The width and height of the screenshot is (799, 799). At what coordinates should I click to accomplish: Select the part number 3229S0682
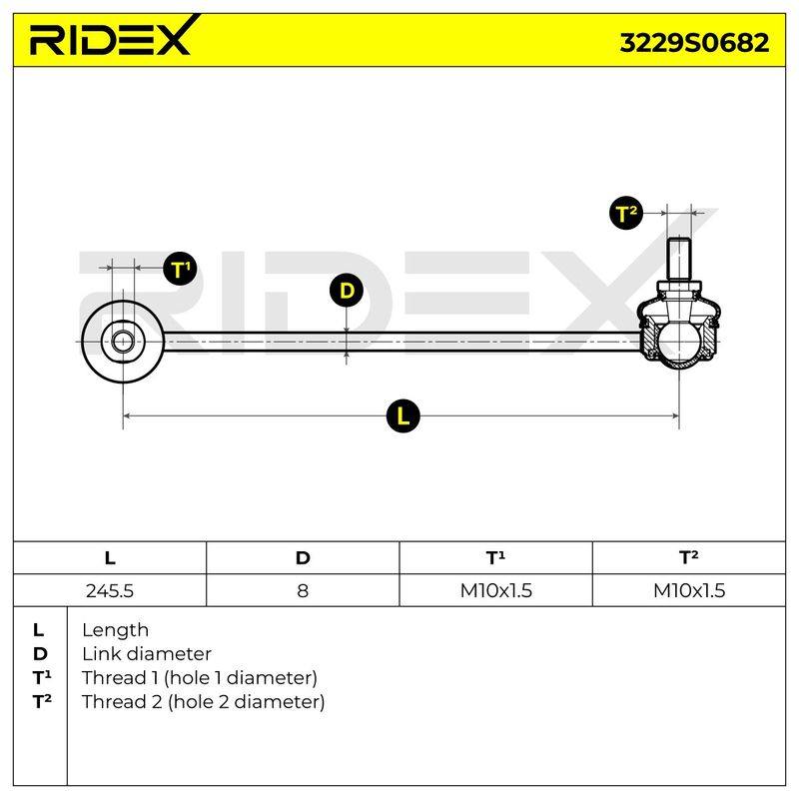(694, 43)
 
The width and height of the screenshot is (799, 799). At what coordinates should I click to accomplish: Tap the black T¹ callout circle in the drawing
(180, 269)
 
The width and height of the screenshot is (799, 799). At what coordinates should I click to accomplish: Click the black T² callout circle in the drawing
(626, 213)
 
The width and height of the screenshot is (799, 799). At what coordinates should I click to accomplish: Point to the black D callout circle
(346, 291)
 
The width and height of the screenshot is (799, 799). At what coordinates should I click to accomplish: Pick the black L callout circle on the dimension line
(402, 415)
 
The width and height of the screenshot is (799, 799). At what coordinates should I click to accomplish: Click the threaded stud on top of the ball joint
(679, 259)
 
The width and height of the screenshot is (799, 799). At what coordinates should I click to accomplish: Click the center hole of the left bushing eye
(122, 342)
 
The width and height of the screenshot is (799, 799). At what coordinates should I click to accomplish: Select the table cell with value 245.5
(110, 590)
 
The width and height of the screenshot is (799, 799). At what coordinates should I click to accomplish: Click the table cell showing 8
(303, 590)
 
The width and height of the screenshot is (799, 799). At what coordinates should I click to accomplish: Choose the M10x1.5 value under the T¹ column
(495, 590)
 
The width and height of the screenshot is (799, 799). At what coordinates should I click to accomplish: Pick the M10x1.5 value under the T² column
(689, 590)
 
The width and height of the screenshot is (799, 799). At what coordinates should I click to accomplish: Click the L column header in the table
(110, 558)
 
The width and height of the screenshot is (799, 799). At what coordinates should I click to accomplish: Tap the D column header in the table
(303, 558)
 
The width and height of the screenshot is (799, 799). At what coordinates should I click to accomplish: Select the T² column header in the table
(689, 558)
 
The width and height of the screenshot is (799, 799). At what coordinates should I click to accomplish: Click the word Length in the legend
(115, 630)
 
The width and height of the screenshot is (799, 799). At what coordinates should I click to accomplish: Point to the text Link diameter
(147, 654)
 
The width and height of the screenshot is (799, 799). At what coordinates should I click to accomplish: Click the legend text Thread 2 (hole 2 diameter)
(204, 702)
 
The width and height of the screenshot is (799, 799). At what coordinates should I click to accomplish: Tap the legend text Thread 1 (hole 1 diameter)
(200, 678)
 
